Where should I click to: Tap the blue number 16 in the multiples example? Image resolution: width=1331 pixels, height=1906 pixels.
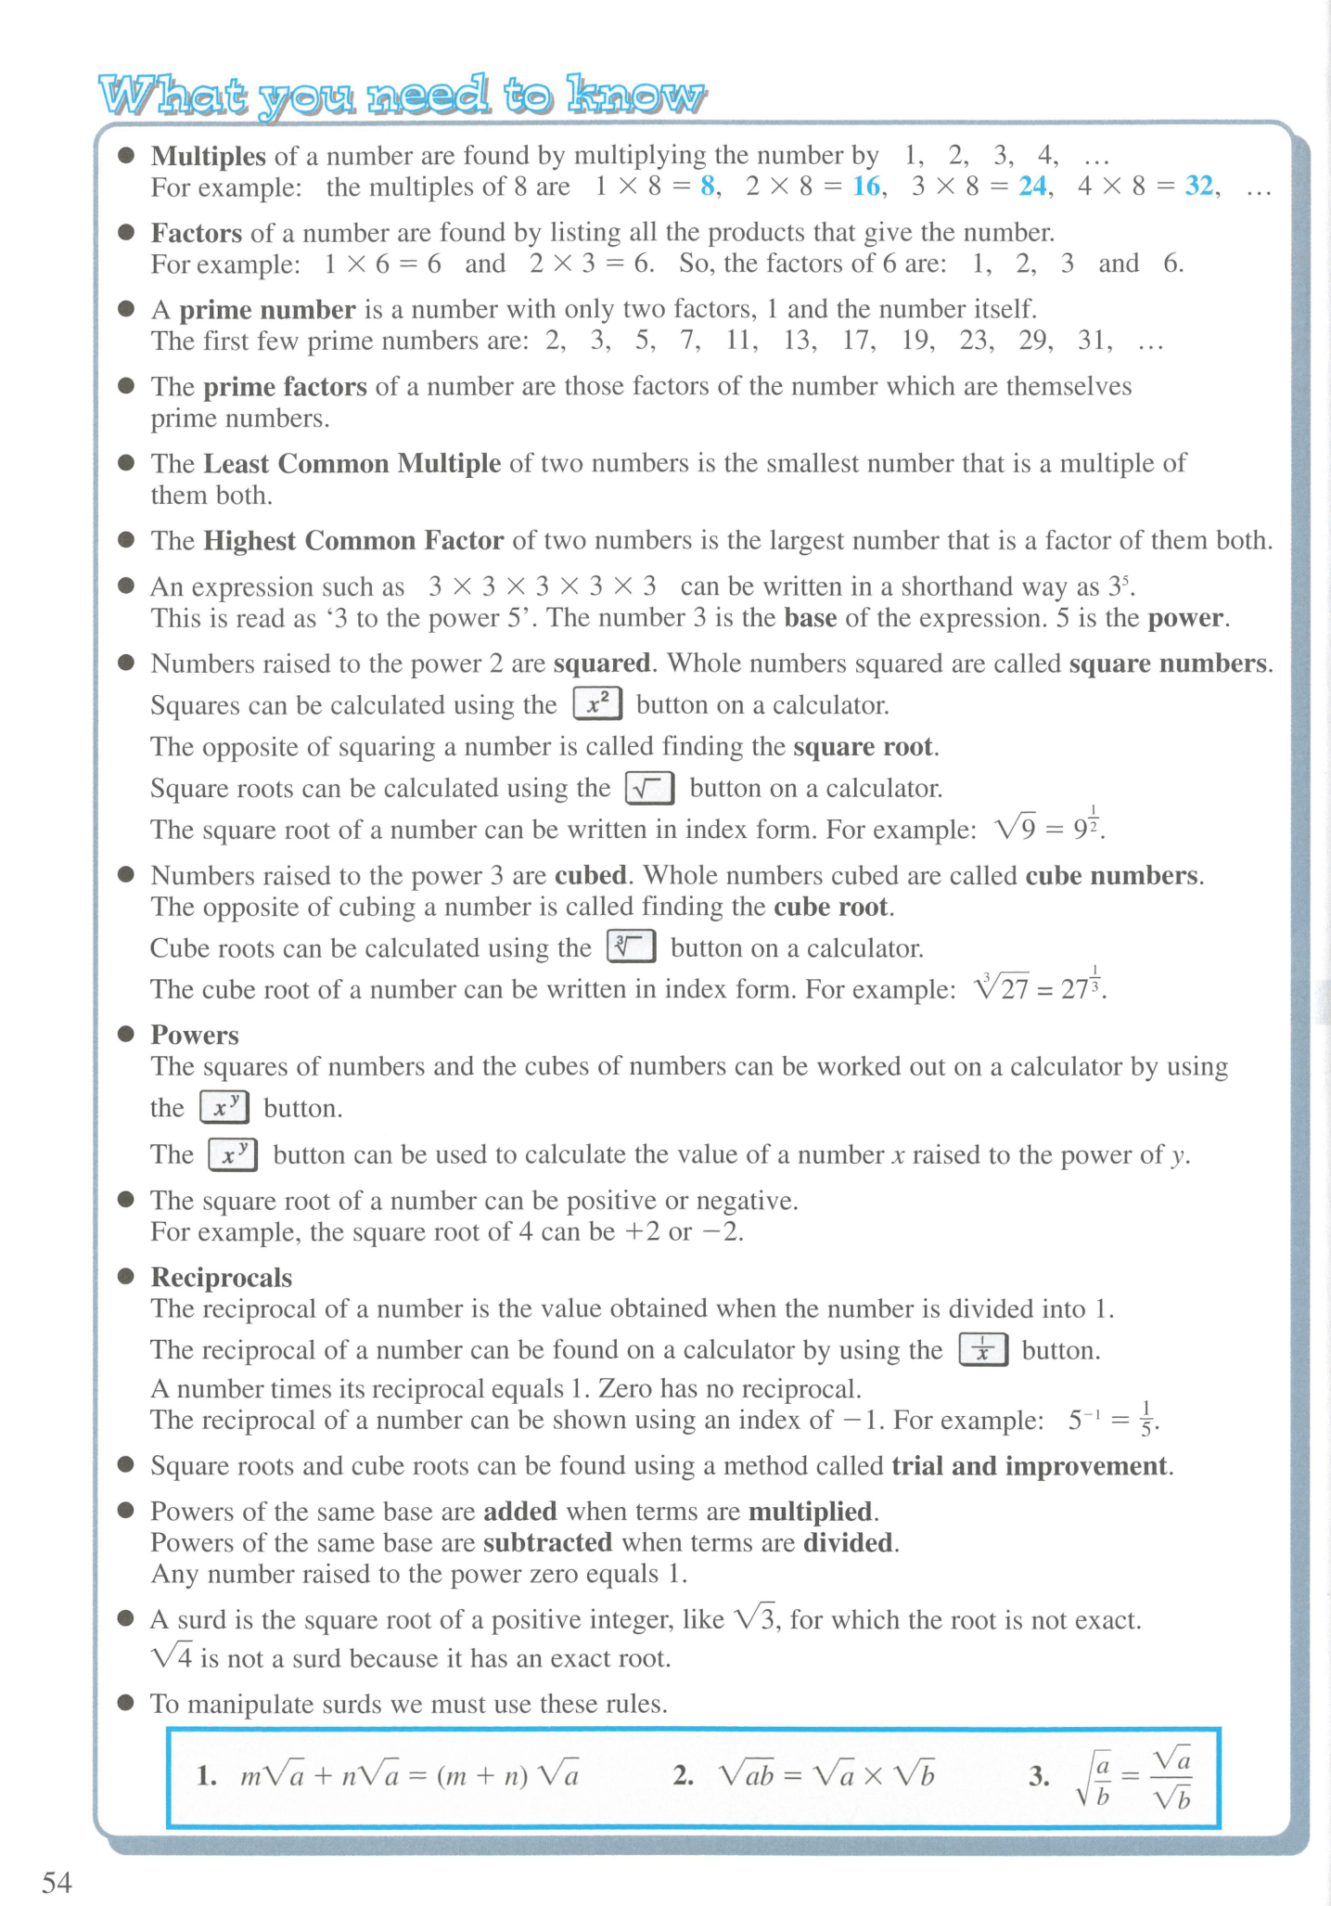pyautogui.click(x=866, y=187)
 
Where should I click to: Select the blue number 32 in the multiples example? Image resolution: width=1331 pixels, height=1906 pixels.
pyautogui.click(x=1199, y=187)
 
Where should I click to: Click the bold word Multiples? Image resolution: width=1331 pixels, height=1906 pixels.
pyautogui.click(x=209, y=156)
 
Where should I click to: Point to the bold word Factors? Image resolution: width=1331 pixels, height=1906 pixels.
pyautogui.click(x=197, y=232)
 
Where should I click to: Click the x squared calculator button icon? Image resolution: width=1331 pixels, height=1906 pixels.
pyautogui.click(x=597, y=704)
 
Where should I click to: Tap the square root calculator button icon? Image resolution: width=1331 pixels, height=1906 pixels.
pyautogui.click(x=649, y=788)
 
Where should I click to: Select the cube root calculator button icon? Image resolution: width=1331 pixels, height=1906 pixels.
pyautogui.click(x=631, y=947)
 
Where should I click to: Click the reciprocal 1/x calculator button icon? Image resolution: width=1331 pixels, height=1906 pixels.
pyautogui.click(x=982, y=1349)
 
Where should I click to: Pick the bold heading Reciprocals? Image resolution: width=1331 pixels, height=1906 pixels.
pyautogui.click(x=222, y=1278)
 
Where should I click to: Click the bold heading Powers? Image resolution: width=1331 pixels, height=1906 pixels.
pyautogui.click(x=195, y=1035)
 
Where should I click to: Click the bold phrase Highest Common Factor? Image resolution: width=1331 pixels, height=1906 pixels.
pyautogui.click(x=353, y=540)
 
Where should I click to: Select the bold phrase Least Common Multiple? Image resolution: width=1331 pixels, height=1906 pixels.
pyautogui.click(x=352, y=463)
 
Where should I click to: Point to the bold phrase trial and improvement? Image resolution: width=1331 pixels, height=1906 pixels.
pyautogui.click(x=1029, y=1466)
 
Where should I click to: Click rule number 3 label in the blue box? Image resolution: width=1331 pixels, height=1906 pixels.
pyautogui.click(x=1038, y=1776)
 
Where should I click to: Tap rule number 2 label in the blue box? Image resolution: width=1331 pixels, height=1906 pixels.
pyautogui.click(x=684, y=1776)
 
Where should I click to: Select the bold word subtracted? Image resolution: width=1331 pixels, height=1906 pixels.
pyautogui.click(x=547, y=1542)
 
